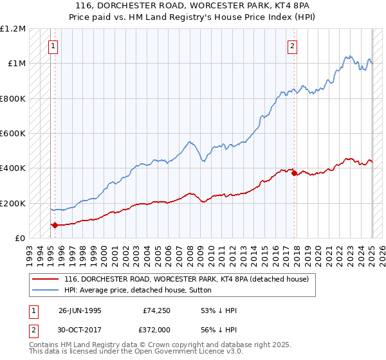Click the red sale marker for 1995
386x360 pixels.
pos(55,225)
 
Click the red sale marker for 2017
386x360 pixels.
pos(294,173)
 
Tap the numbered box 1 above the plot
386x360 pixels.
pos(52,45)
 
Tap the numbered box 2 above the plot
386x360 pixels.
pos(292,45)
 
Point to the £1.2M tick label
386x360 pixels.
pos(13,29)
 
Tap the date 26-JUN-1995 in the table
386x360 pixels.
pos(80,310)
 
